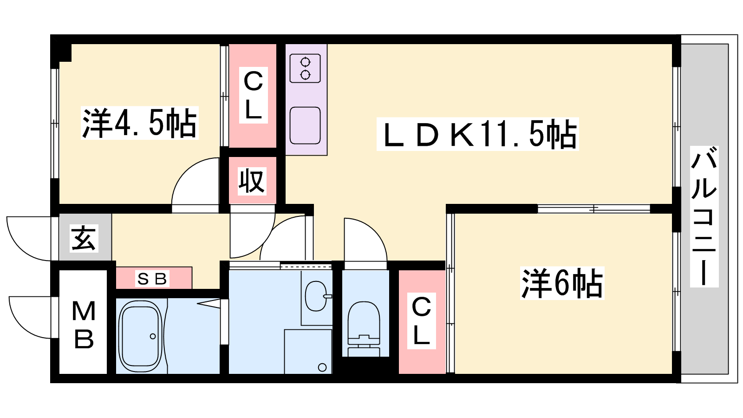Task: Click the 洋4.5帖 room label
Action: point(140,123)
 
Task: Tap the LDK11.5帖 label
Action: point(478,134)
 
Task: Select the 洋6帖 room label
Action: point(562,283)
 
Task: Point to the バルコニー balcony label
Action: point(704,216)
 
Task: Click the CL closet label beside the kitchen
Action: point(254,95)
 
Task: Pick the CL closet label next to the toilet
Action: point(421,321)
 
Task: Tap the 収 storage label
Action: point(252,181)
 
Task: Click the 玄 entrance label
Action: point(84,238)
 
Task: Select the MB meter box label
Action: point(84,325)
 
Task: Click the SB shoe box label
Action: point(152,279)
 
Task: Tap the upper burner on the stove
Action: point(305,62)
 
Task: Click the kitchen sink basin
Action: point(305,125)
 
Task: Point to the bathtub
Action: point(140,336)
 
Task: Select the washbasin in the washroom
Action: point(316,296)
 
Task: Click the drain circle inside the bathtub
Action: point(153,336)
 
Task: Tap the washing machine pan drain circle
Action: point(322,367)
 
